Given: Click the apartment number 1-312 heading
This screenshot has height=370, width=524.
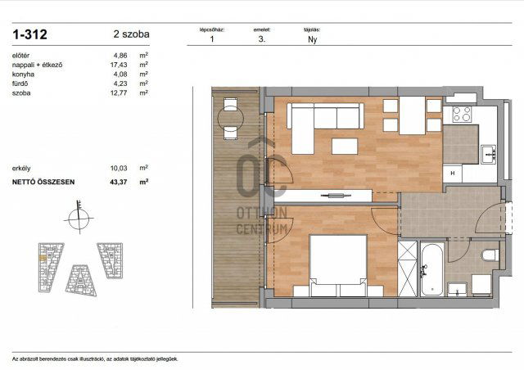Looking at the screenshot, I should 29,34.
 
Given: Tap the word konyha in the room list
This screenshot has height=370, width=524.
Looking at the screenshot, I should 24,74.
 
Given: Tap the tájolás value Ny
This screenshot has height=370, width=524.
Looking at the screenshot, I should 312,38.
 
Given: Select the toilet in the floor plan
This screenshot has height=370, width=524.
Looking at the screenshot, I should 490,255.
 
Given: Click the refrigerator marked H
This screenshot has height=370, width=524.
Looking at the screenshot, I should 453,174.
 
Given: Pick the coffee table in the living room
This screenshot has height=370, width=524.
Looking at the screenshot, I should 344,147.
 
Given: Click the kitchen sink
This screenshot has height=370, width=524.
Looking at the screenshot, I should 488,153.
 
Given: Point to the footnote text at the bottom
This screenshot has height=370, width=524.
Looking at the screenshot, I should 94,359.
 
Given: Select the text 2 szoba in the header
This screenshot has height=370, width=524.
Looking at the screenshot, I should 131,34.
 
